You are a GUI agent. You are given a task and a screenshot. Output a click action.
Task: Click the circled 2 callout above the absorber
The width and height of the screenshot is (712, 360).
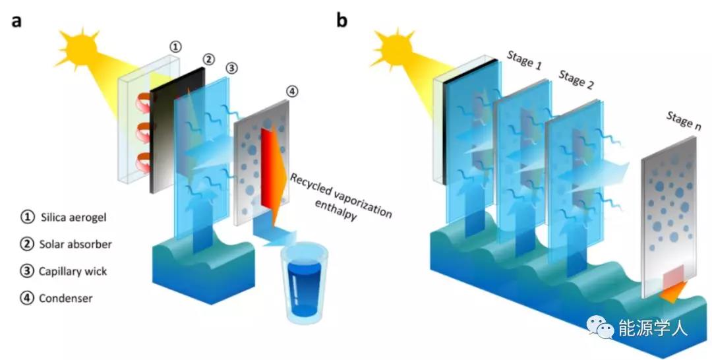tap(208, 60)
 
